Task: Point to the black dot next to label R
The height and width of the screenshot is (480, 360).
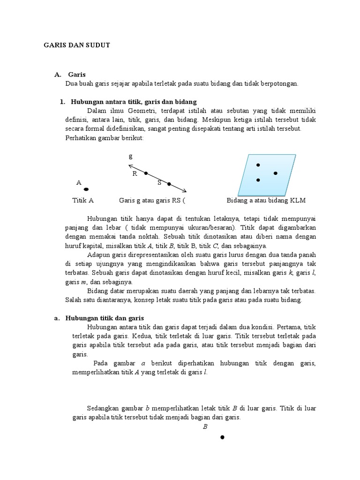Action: point(146,173)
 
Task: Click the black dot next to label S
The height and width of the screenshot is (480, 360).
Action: point(169,184)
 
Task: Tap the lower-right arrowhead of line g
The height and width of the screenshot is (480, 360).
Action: point(185,191)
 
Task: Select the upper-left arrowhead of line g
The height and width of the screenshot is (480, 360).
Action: point(130,165)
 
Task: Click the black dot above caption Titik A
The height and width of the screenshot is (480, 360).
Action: point(86,189)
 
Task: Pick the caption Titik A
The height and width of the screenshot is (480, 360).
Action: point(83,201)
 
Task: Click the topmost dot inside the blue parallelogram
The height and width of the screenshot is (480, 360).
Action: point(258,165)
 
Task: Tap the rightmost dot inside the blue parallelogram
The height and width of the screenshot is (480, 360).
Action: point(275,173)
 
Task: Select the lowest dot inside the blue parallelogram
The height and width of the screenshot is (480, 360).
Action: point(258,180)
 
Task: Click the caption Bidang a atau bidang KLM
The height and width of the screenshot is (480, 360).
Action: point(266,201)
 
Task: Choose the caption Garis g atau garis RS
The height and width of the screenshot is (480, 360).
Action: point(152,201)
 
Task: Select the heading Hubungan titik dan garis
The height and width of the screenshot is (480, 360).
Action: point(101,318)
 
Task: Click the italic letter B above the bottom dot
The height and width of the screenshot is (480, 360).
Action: point(205,427)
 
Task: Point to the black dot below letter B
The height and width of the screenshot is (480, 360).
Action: point(222,437)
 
